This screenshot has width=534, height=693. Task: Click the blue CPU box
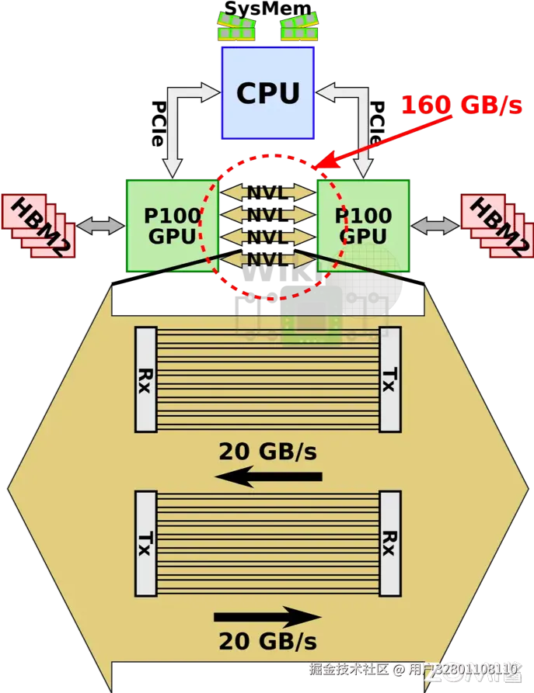coord(267,92)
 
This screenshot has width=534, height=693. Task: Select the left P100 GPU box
coord(170,225)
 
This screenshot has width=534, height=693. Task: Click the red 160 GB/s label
coord(461,105)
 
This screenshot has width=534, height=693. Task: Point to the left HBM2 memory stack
coord(39,225)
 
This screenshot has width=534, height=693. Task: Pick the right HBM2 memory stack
coord(497,225)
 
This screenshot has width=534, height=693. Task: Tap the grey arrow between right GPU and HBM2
coord(435,226)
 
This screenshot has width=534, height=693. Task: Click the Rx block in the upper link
coord(146,379)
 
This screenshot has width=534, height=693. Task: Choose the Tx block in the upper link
coord(390,379)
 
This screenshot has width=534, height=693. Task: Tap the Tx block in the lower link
coord(146,543)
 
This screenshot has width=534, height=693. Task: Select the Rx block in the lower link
coord(390,543)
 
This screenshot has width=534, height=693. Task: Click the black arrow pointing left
coord(267,476)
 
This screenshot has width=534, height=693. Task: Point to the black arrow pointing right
coord(267,618)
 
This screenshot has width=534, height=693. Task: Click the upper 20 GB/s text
coord(267,450)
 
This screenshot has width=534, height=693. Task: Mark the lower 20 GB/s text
coord(267,642)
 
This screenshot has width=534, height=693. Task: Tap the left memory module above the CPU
coord(236,29)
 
